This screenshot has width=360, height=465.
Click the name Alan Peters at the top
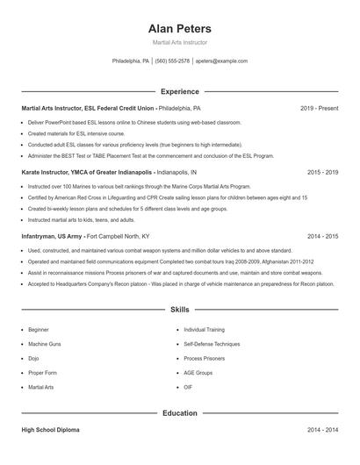180,28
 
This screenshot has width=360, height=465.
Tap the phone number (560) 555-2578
172,61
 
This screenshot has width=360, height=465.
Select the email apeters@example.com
221,61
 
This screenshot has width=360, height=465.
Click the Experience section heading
180,91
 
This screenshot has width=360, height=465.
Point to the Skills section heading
180,310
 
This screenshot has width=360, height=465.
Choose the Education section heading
180,412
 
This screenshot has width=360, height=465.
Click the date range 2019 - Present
319,108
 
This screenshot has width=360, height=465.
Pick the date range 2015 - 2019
322,173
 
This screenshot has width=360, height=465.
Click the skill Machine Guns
44,344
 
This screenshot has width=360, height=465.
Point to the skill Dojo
33,358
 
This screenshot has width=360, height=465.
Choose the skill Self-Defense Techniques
212,344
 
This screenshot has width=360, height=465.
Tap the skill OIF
188,387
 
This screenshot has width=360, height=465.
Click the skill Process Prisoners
204,358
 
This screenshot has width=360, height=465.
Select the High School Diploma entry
50,431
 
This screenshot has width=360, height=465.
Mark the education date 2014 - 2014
322,431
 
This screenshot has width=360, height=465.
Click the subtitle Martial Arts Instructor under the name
180,42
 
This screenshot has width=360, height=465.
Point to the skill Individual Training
205,329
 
